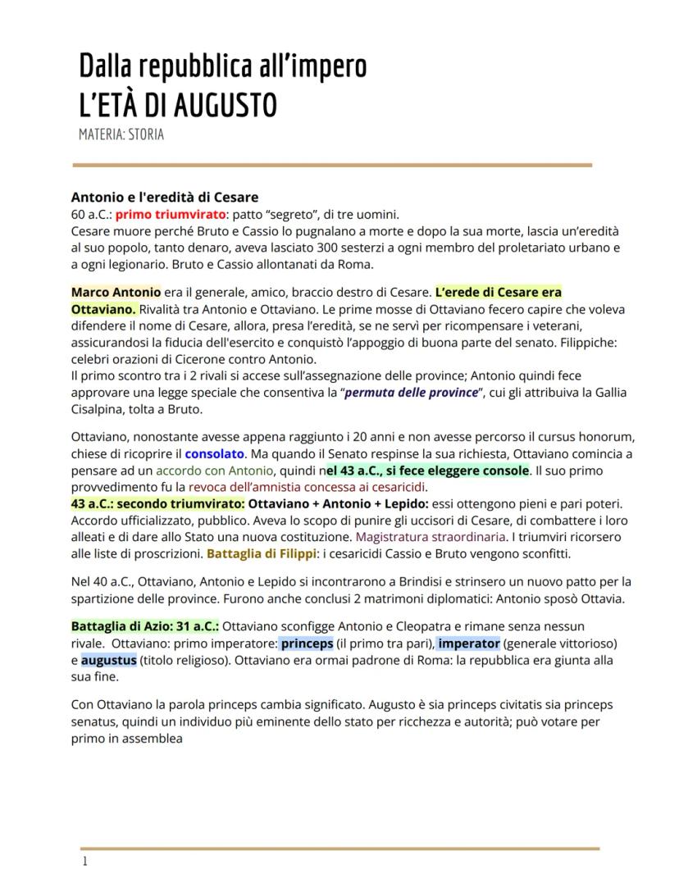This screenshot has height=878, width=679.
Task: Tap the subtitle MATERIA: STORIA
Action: tap(121, 134)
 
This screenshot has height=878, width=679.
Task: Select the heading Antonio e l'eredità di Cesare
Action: tap(164, 197)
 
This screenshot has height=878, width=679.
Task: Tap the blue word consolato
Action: tap(214, 453)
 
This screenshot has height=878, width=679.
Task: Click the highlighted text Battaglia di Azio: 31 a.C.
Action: tap(144, 625)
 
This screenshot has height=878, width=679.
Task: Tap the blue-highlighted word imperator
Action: tap(469, 642)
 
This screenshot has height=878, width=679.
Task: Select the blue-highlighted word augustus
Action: tap(108, 659)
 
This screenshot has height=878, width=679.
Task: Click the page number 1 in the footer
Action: tap(84, 861)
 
